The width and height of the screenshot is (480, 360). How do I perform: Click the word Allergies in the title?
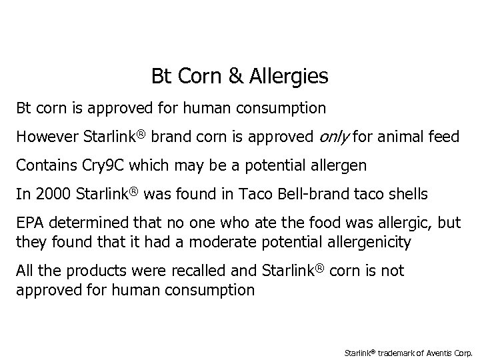point(290,77)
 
